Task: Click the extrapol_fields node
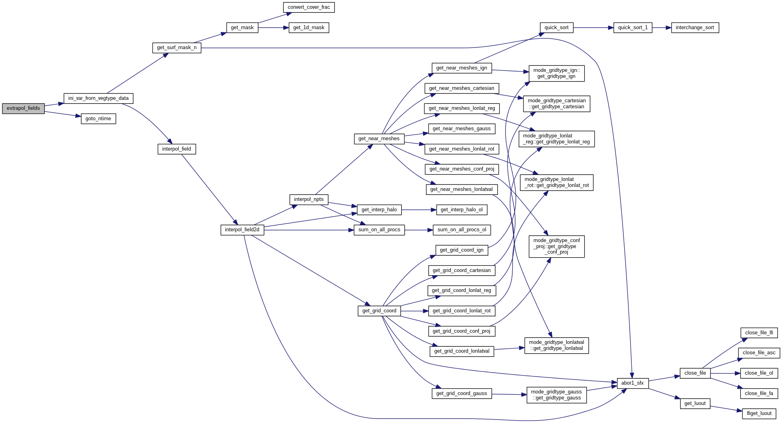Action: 23,108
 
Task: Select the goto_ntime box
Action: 98,119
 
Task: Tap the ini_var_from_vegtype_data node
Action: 98,98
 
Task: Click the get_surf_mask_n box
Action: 177,48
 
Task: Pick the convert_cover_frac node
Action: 308,7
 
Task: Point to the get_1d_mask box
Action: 308,28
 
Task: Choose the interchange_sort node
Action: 695,28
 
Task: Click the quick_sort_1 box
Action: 633,28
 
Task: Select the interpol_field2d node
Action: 242,230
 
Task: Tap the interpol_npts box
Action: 308,199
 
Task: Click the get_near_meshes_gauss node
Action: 462,129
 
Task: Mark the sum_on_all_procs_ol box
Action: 462,230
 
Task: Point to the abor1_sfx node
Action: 632,383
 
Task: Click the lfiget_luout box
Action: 759,413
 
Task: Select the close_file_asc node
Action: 759,353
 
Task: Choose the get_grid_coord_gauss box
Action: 462,393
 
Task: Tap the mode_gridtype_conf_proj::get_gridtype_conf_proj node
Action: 556,246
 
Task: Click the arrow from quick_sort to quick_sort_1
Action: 593,28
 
